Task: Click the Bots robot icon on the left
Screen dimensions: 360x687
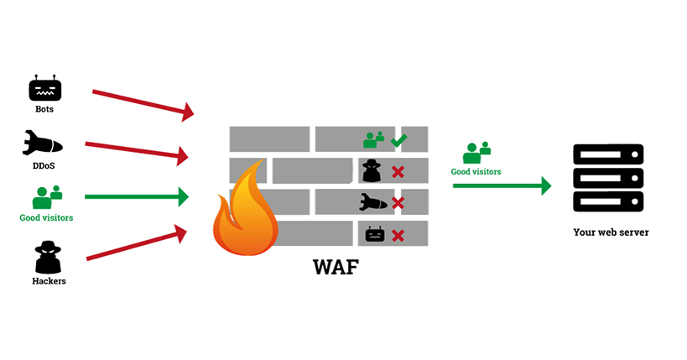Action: click(x=44, y=88)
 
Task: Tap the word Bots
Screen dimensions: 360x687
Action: click(x=44, y=109)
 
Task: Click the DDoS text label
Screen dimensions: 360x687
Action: click(x=44, y=165)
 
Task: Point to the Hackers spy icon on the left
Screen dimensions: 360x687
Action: click(x=45, y=257)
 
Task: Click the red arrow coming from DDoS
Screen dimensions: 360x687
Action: click(x=138, y=149)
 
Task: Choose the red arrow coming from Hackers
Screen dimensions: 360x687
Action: click(x=138, y=242)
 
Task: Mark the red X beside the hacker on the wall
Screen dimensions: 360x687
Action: click(x=398, y=172)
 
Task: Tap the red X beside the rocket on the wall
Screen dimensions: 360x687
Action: click(x=398, y=203)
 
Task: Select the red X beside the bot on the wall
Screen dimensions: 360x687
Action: click(x=398, y=234)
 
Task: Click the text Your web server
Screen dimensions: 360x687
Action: click(x=611, y=232)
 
